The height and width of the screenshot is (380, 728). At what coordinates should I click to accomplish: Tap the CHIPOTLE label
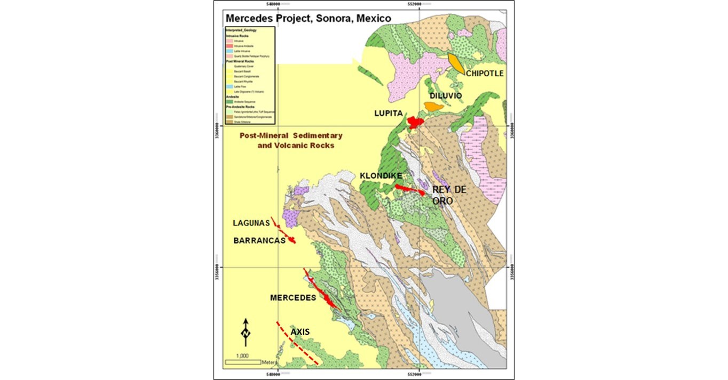tap(484, 74)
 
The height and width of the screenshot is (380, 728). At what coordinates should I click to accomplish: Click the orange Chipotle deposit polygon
tap(456, 63)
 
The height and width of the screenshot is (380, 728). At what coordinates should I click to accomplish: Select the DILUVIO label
tap(446, 95)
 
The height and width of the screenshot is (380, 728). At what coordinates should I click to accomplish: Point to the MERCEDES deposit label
tap(293, 298)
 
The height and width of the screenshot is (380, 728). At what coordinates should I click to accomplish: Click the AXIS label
tap(300, 331)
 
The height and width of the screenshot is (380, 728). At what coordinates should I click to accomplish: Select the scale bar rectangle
tap(243, 362)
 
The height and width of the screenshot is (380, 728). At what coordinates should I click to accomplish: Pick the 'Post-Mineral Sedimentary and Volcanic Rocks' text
tap(291, 140)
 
